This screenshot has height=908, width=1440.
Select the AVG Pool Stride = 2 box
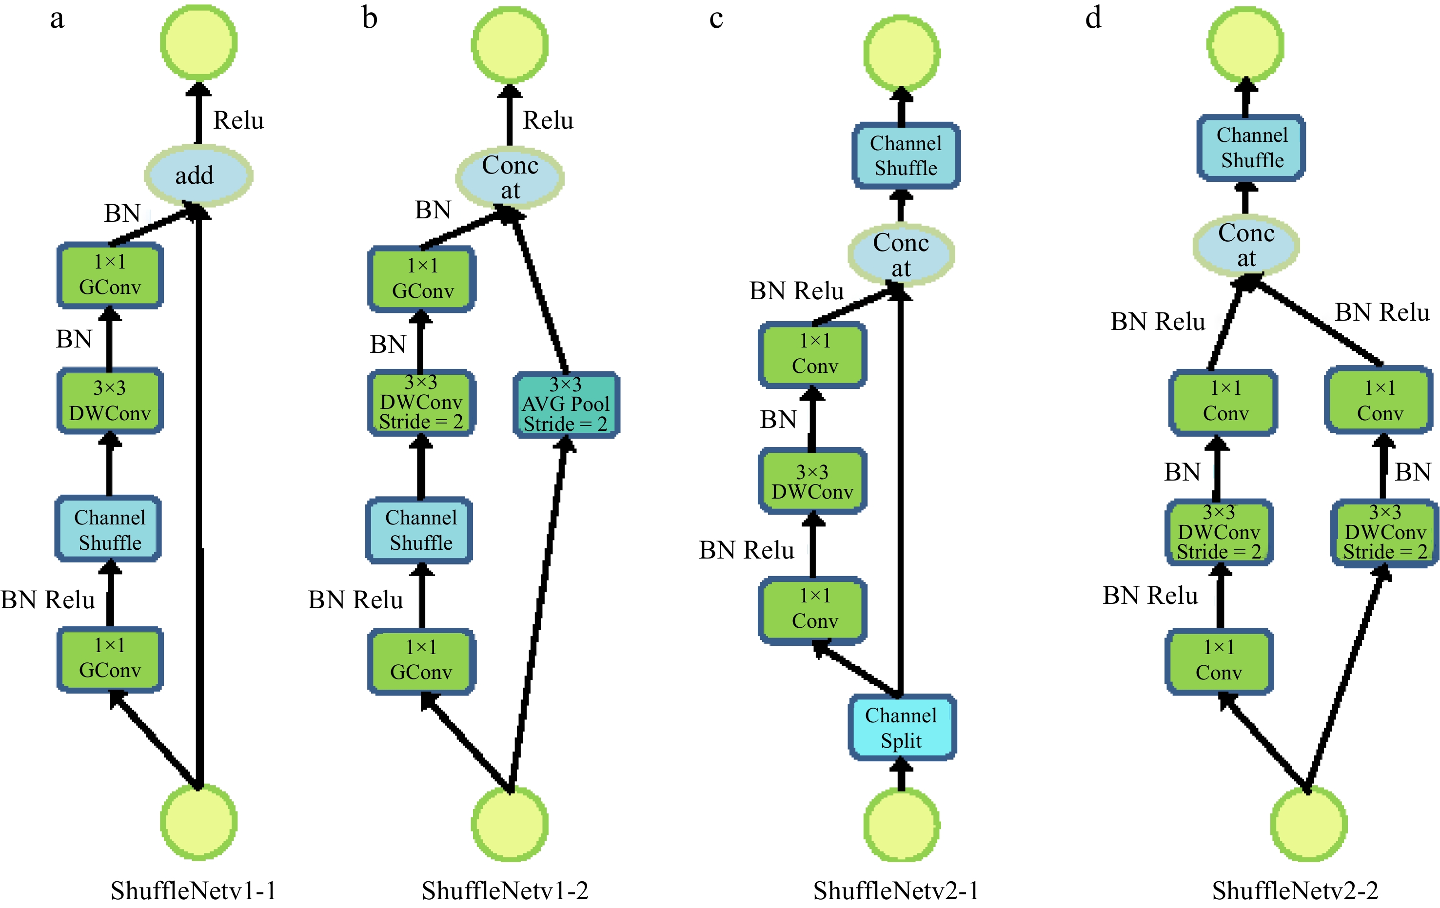point(566,404)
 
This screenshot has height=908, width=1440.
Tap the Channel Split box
point(901,728)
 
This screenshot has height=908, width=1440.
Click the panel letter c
point(716,19)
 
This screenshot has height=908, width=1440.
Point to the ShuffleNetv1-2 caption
point(505,890)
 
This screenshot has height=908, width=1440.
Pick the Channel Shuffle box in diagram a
point(109,529)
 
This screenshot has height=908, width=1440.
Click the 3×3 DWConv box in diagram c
point(812,481)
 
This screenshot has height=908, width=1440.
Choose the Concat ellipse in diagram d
point(1246,245)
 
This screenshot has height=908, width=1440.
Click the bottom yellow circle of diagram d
point(1308,823)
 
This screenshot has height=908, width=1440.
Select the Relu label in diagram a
point(238,120)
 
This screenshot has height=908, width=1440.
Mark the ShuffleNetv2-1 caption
point(896,890)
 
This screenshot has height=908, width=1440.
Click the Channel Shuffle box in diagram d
point(1251,148)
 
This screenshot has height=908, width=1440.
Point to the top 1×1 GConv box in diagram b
point(422,279)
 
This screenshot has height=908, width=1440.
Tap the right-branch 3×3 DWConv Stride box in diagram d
point(1384,532)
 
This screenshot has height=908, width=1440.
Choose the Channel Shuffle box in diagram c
point(906,155)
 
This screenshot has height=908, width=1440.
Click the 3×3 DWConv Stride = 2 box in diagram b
point(421,402)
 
